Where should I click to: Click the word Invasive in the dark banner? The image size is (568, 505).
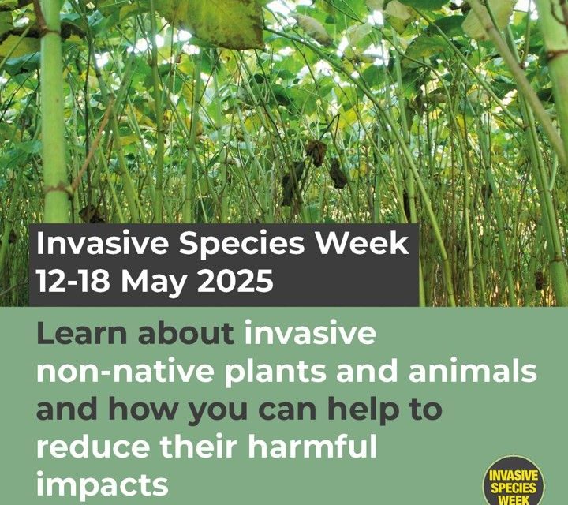(103, 244)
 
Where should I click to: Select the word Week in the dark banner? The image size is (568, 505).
(363, 244)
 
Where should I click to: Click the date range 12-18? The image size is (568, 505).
(73, 280)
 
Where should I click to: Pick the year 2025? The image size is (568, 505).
(235, 280)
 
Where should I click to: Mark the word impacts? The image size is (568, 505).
(103, 485)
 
